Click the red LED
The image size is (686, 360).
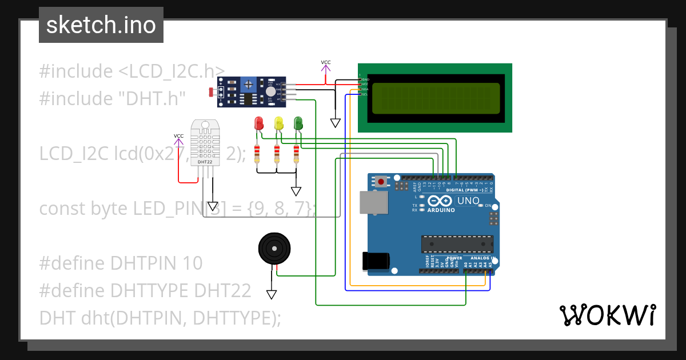[258, 123]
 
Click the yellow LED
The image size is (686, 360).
[278, 123]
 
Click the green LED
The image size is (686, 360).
[298, 123]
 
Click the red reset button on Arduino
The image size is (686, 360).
[381, 182]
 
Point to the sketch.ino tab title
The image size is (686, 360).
[101, 25]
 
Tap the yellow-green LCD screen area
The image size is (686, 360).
[436, 98]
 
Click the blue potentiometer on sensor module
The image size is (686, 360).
[248, 86]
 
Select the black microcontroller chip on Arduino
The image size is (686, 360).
[457, 243]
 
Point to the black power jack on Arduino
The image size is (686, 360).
[376, 261]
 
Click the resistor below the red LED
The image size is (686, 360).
[257, 153]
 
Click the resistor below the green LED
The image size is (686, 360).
[296, 153]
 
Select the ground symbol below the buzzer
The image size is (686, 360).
[272, 294]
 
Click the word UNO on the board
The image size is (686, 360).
[468, 201]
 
